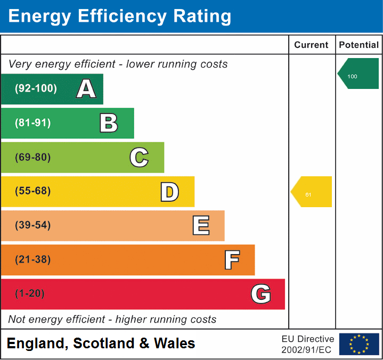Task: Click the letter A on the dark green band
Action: pos(86,89)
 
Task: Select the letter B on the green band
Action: pos(109,123)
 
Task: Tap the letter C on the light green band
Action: pos(139,157)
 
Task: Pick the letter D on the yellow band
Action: pos(169,191)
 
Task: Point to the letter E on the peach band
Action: pos(200,225)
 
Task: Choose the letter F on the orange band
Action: pos(232,260)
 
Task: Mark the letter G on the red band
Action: pos(261,294)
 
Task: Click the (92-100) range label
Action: pos(35,88)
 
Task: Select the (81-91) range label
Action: pos(32,123)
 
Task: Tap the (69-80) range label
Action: pos(32,157)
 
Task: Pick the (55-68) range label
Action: pos(32,191)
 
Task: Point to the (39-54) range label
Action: pos(32,225)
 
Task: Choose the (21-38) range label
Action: pos(32,259)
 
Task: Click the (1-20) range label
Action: pos(30,293)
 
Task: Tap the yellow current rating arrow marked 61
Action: pos(312,192)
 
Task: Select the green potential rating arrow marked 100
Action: pos(358,74)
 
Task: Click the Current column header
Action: pos(311,45)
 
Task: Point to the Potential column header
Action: pos(359,45)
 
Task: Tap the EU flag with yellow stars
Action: pos(359,344)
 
